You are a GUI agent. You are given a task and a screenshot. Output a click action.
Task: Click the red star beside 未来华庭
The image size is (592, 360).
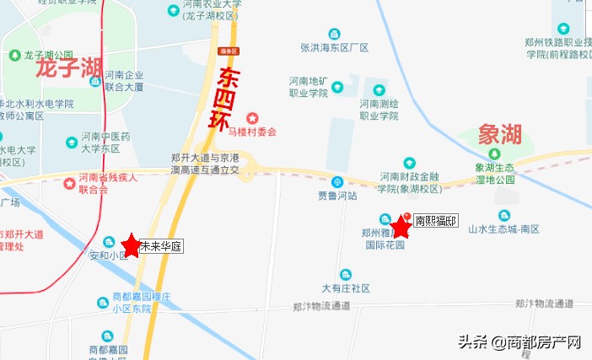click(131, 245)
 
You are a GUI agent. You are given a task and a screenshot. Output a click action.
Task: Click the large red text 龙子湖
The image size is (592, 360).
click(69, 67)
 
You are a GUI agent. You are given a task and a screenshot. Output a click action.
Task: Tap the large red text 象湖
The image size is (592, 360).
click(499, 134)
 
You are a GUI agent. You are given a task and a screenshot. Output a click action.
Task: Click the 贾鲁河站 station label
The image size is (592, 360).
click(337, 196)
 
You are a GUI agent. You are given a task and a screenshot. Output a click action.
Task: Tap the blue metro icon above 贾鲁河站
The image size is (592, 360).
click(337, 181)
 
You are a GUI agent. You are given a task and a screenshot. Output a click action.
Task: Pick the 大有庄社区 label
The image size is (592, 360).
click(346, 287)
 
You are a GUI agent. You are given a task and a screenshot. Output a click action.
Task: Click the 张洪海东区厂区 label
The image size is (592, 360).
click(335, 47)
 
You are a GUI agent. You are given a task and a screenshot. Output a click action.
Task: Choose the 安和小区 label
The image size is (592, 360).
click(108, 255)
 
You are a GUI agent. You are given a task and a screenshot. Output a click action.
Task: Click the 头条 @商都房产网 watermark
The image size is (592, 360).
click(519, 342)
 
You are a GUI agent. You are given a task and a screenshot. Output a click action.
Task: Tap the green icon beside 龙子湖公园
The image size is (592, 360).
click(14, 55)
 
